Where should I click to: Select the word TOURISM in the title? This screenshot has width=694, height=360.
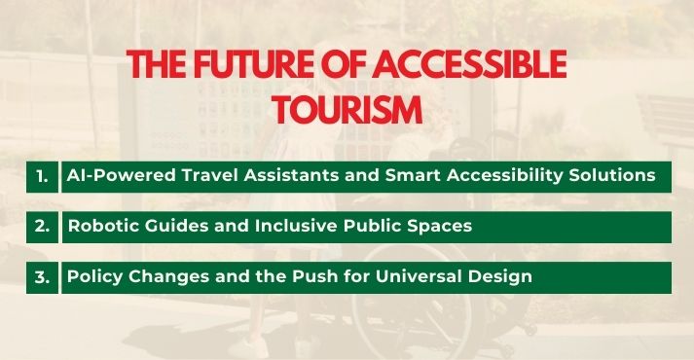[x=347, y=109]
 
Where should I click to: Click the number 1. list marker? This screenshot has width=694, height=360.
[x=42, y=177]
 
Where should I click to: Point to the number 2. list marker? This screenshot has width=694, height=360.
[x=42, y=227]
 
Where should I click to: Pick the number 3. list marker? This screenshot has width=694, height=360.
[x=42, y=276]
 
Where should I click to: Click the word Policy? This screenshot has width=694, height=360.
[x=92, y=276]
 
